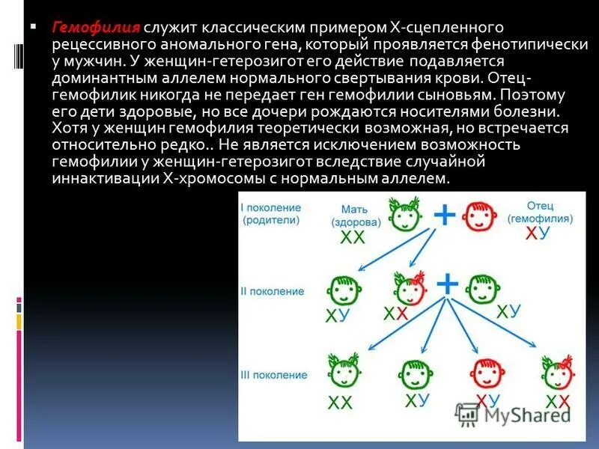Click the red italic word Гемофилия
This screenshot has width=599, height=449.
(96, 28)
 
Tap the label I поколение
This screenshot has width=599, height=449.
(271, 207)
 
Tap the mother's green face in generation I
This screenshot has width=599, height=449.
(405, 214)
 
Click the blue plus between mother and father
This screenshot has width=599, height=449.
(445, 216)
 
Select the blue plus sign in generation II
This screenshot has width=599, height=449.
(447, 284)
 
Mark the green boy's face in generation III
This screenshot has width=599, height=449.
(414, 373)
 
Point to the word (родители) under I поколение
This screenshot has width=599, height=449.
(271, 221)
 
